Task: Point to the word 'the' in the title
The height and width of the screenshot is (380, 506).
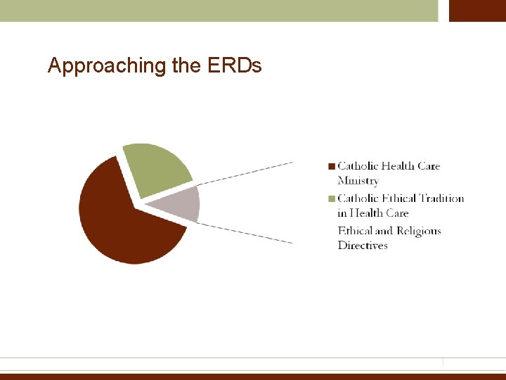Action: click(186, 66)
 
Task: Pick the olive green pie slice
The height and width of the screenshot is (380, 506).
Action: click(158, 169)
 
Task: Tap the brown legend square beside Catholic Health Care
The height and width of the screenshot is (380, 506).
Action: click(331, 167)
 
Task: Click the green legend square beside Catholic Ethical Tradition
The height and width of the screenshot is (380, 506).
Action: click(331, 199)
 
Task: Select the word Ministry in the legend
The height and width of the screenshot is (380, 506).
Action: click(358, 181)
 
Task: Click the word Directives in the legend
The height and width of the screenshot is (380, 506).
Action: click(363, 246)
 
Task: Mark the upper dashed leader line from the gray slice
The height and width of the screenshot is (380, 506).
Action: click(246, 172)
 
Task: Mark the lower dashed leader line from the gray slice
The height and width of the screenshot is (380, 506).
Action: click(246, 233)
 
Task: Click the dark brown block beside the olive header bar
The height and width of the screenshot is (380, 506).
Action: click(477, 11)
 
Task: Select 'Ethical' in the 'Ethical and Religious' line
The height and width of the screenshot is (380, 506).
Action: click(355, 231)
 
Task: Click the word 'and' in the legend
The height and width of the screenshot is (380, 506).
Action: click(384, 231)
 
